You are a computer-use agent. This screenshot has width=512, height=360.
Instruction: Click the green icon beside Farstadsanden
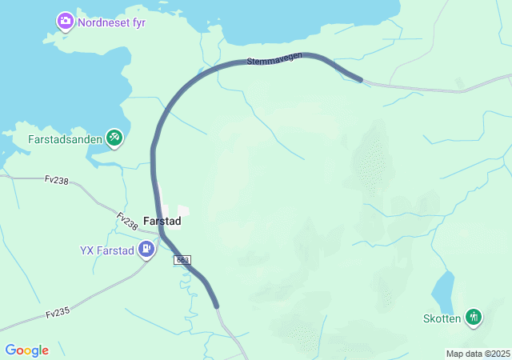[x=115, y=138]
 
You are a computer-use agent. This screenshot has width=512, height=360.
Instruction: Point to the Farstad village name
[x=162, y=221]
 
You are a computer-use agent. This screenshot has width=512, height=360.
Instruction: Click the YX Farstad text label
[x=107, y=250]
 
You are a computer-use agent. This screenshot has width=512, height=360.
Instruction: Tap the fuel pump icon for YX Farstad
[x=146, y=250]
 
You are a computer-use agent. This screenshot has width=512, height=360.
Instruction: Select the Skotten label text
[x=442, y=318]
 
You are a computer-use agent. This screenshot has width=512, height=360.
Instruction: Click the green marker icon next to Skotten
[x=474, y=318]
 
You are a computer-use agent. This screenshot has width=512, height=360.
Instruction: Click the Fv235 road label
[x=58, y=314]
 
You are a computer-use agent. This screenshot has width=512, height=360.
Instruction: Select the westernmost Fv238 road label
[x=56, y=180]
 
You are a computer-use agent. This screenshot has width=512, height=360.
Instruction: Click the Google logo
[x=26, y=350]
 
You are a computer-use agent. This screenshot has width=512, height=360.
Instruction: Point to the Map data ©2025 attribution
[x=478, y=354]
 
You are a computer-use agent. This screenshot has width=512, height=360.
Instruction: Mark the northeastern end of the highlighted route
[x=360, y=79]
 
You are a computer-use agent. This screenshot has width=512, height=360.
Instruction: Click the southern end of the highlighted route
[x=215, y=305]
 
